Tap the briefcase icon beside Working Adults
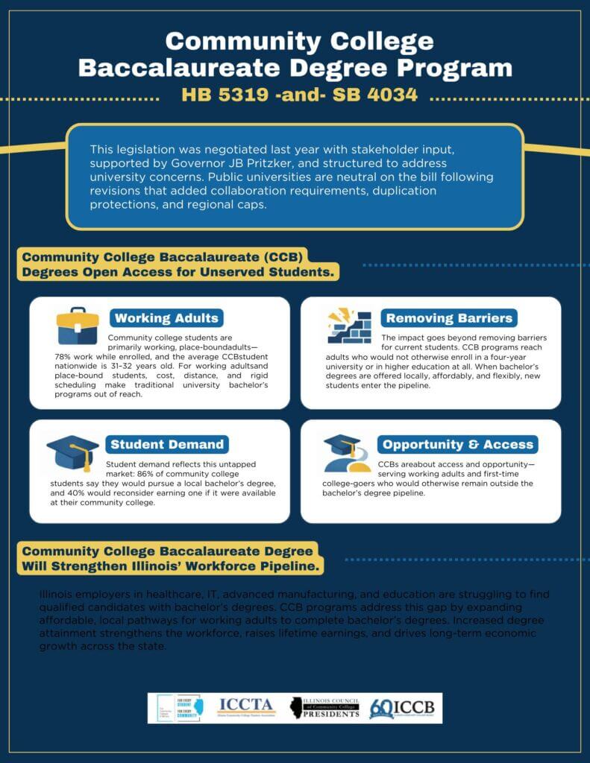click(78, 326)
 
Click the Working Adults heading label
click(166, 318)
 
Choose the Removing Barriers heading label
click(449, 318)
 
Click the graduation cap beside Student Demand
click(72, 452)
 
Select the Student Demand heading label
click(167, 445)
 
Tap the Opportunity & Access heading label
click(457, 445)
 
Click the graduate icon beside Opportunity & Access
click(348, 454)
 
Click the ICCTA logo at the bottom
click(247, 706)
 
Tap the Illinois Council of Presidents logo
click(325, 707)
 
